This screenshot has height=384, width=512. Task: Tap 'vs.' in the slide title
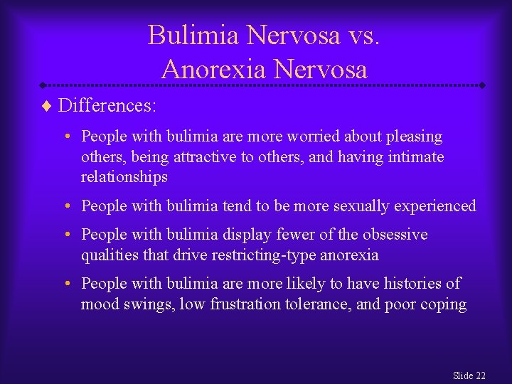[363, 35]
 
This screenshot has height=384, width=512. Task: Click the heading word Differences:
[107, 106]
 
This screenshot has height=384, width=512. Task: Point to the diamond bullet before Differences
[47, 106]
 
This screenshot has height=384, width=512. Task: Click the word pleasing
[416, 136]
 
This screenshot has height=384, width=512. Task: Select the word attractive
[202, 156]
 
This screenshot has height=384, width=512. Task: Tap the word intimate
[415, 156]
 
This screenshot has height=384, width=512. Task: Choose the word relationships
[124, 176]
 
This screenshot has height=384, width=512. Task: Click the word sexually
[355, 206]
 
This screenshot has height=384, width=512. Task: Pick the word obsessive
[396, 234]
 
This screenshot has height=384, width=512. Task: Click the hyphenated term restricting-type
[247, 255]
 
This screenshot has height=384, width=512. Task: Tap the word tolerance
[316, 304]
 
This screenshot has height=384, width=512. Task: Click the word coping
[444, 304]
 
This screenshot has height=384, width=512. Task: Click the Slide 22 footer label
[469, 375]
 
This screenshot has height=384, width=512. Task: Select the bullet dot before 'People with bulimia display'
[65, 235]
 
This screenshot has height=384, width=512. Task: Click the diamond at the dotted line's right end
[483, 85]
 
